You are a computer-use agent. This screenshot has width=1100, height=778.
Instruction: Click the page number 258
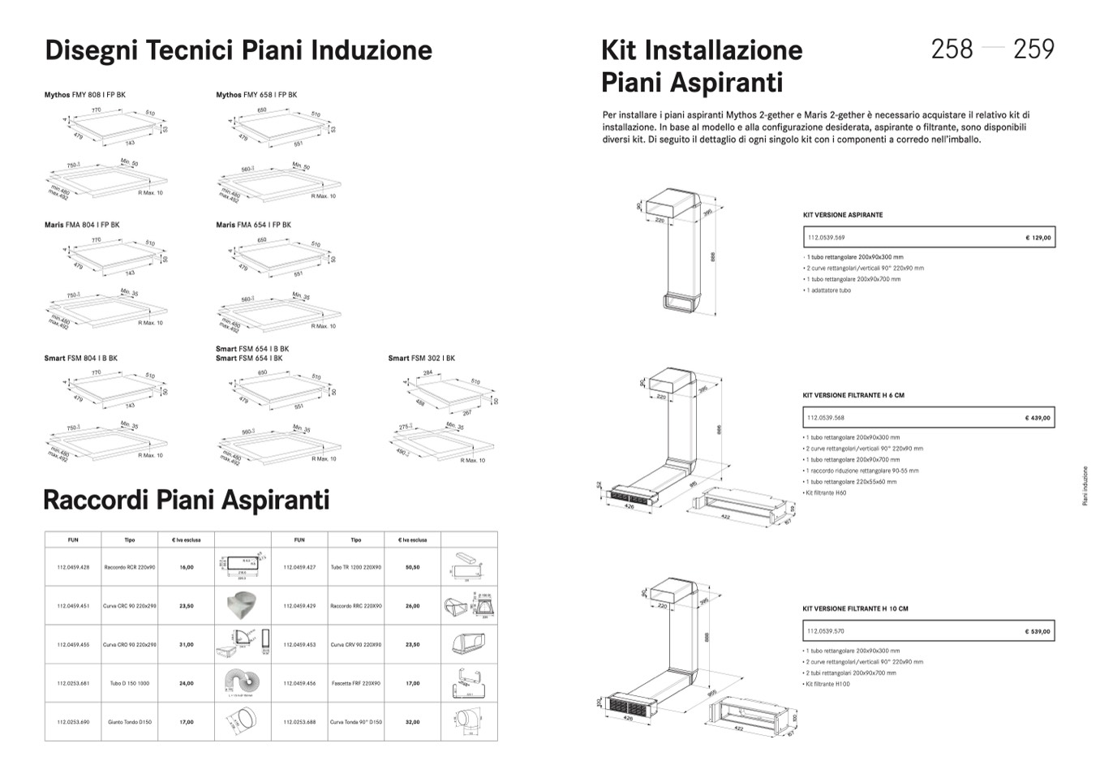(x=952, y=49)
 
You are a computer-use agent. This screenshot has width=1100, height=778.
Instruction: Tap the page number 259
(x=1033, y=49)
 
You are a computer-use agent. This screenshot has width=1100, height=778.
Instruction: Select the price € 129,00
(x=1038, y=238)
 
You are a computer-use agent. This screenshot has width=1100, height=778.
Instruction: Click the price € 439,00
(x=1038, y=419)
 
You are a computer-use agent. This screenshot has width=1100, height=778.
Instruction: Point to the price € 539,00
(x=1038, y=631)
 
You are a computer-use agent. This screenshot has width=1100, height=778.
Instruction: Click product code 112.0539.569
(x=826, y=238)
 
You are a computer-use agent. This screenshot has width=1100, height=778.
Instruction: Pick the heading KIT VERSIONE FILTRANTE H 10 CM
(x=855, y=608)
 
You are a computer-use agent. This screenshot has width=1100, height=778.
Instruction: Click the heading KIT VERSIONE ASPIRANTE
(x=843, y=215)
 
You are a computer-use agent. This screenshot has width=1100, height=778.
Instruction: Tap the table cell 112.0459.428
(x=73, y=567)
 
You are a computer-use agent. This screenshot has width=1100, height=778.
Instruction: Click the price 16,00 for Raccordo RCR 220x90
(x=187, y=567)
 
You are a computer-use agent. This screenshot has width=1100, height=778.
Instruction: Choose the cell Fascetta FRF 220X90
(x=355, y=683)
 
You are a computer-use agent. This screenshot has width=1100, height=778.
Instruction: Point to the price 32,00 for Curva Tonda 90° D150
(x=412, y=722)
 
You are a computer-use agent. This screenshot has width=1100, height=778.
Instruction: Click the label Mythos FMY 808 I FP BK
(x=85, y=95)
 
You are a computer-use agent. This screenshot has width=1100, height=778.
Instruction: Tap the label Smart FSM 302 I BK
(x=421, y=358)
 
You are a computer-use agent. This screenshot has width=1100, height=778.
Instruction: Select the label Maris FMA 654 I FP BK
(x=253, y=225)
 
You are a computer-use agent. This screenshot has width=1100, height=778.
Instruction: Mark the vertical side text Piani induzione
(x=1085, y=485)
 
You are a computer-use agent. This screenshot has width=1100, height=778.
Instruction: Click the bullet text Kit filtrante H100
(x=828, y=684)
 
